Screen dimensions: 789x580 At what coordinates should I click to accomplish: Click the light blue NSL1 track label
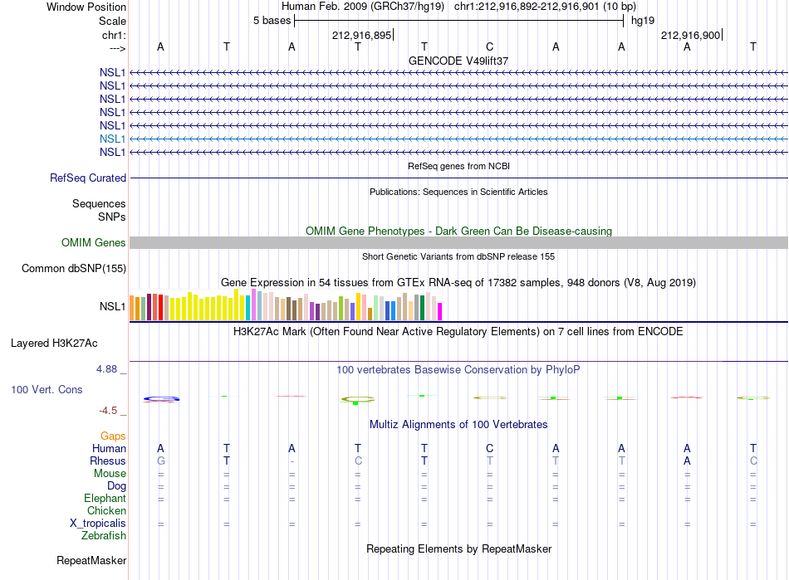coord(112,139)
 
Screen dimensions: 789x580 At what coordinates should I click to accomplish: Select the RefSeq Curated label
coord(88,178)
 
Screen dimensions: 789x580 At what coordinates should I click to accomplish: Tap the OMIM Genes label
coord(94,243)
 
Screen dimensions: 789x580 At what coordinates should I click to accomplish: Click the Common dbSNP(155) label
coord(74,268)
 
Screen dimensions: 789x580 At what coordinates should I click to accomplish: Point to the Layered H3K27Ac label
coord(54,344)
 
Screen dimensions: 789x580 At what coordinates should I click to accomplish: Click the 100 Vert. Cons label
coord(47,389)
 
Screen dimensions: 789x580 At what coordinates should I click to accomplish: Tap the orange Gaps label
coord(113,436)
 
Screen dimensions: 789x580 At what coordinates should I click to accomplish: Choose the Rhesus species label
coord(108,461)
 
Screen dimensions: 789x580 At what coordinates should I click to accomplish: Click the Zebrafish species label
coord(104,536)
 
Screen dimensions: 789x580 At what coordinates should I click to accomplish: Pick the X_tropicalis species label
coord(98,524)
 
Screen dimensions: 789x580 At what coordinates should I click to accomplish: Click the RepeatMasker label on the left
coord(91,560)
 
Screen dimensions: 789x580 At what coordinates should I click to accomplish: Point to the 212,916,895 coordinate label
coord(362,35)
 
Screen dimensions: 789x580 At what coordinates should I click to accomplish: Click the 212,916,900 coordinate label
coord(690,35)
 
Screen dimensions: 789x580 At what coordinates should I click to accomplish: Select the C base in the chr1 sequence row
coord(490,46)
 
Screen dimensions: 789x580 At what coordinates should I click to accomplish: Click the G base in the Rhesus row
coord(161,461)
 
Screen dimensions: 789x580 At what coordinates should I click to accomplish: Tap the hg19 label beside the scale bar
coord(643,21)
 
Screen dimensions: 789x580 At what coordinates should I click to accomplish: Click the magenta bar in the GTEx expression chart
coord(440,312)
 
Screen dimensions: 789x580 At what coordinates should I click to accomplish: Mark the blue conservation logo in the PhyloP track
coord(161,399)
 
